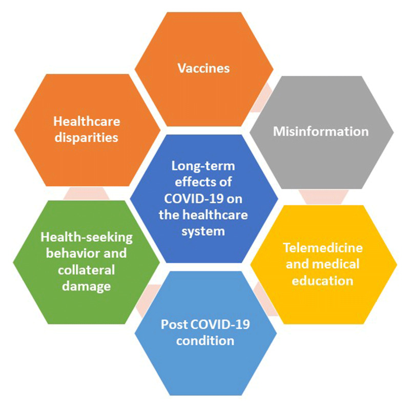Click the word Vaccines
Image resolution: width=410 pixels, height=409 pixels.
coord(203,68)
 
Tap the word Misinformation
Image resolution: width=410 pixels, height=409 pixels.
coord(320,131)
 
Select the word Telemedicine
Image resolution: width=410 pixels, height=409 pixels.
coord(323,248)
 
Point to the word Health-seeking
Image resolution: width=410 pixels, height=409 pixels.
coord(87,238)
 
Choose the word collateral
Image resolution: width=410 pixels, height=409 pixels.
coord(87,270)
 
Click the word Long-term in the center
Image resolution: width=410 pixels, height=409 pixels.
coord(203,166)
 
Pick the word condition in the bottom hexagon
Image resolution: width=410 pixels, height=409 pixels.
coord(205,340)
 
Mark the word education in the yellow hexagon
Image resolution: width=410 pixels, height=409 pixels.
coord(323,281)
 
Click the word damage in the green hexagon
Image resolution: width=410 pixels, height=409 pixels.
coord(86,286)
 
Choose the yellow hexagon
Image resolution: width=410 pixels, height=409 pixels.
coord(323,303)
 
